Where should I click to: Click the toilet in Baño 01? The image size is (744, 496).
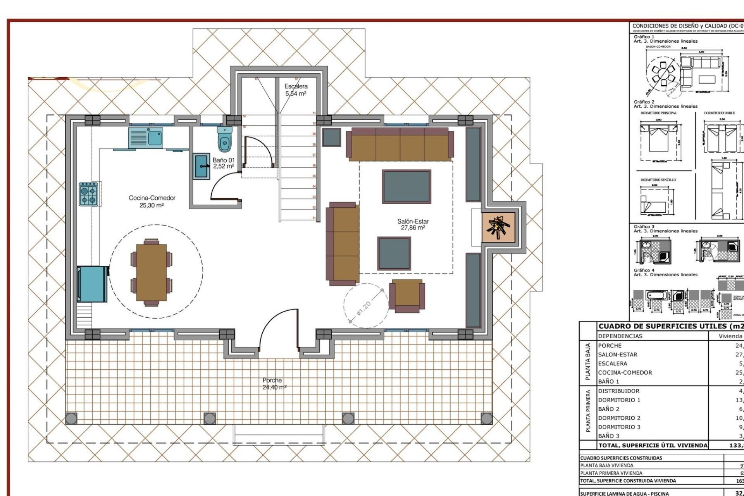click(x=225, y=139)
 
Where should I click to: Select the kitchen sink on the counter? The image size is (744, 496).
click(x=146, y=138)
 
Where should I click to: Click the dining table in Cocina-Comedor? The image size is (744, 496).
click(x=152, y=272)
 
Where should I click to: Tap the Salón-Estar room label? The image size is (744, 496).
click(x=413, y=224)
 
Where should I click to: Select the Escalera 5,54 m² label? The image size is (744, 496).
click(x=296, y=90)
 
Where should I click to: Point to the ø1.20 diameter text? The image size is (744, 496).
click(x=364, y=308)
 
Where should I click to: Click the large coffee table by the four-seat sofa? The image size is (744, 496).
click(x=406, y=186)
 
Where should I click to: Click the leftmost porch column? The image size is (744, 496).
click(x=71, y=418)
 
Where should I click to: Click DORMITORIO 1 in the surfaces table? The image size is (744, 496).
click(x=619, y=400)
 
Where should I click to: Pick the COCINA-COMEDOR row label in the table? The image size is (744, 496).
click(x=625, y=372)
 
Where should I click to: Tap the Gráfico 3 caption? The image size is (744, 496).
click(x=644, y=227)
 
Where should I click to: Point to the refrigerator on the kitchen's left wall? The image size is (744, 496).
click(x=92, y=284)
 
